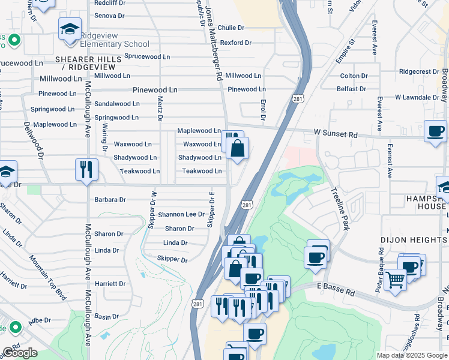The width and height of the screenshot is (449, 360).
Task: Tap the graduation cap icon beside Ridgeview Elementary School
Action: pyautogui.click(x=70, y=29)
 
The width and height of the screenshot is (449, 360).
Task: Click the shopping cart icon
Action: pyautogui.click(x=395, y=279)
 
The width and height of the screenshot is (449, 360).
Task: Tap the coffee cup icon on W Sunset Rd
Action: pyautogui.click(x=435, y=131)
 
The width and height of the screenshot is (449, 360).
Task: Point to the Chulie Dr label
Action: pyautogui.click(x=231, y=28)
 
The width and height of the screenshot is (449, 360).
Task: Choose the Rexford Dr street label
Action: pyautogui.click(x=235, y=43)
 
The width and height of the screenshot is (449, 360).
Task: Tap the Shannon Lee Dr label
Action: pyautogui.click(x=181, y=214)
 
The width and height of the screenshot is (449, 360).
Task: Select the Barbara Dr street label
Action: pyautogui.click(x=110, y=200)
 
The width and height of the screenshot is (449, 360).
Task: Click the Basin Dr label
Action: pyautogui.click(x=107, y=316)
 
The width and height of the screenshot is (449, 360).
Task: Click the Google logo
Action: pyautogui.click(x=20, y=353)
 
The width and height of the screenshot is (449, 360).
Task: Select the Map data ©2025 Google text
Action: pyautogui.click(x=411, y=355)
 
